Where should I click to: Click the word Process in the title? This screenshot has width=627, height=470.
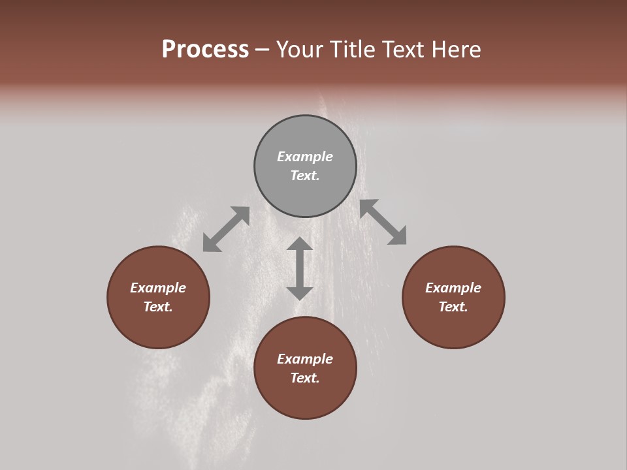pyautogui.click(x=205, y=50)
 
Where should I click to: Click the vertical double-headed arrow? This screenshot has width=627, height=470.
pyautogui.click(x=300, y=268)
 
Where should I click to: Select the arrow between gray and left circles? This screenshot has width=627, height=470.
pyautogui.click(x=226, y=229)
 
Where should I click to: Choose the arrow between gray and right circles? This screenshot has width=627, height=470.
pyautogui.click(x=383, y=222)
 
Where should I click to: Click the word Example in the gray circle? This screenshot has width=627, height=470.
pyautogui.click(x=305, y=157)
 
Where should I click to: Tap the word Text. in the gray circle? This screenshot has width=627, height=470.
pyautogui.click(x=305, y=176)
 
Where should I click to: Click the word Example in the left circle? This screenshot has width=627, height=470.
pyautogui.click(x=158, y=288)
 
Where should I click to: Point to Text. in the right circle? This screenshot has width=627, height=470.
pyautogui.click(x=453, y=307)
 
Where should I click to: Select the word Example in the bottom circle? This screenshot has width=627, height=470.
pyautogui.click(x=305, y=359)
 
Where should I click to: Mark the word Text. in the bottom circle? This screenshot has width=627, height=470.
pyautogui.click(x=305, y=378)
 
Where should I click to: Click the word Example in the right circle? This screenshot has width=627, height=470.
pyautogui.click(x=453, y=288)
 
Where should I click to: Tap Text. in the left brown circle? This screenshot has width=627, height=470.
pyautogui.click(x=158, y=307)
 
